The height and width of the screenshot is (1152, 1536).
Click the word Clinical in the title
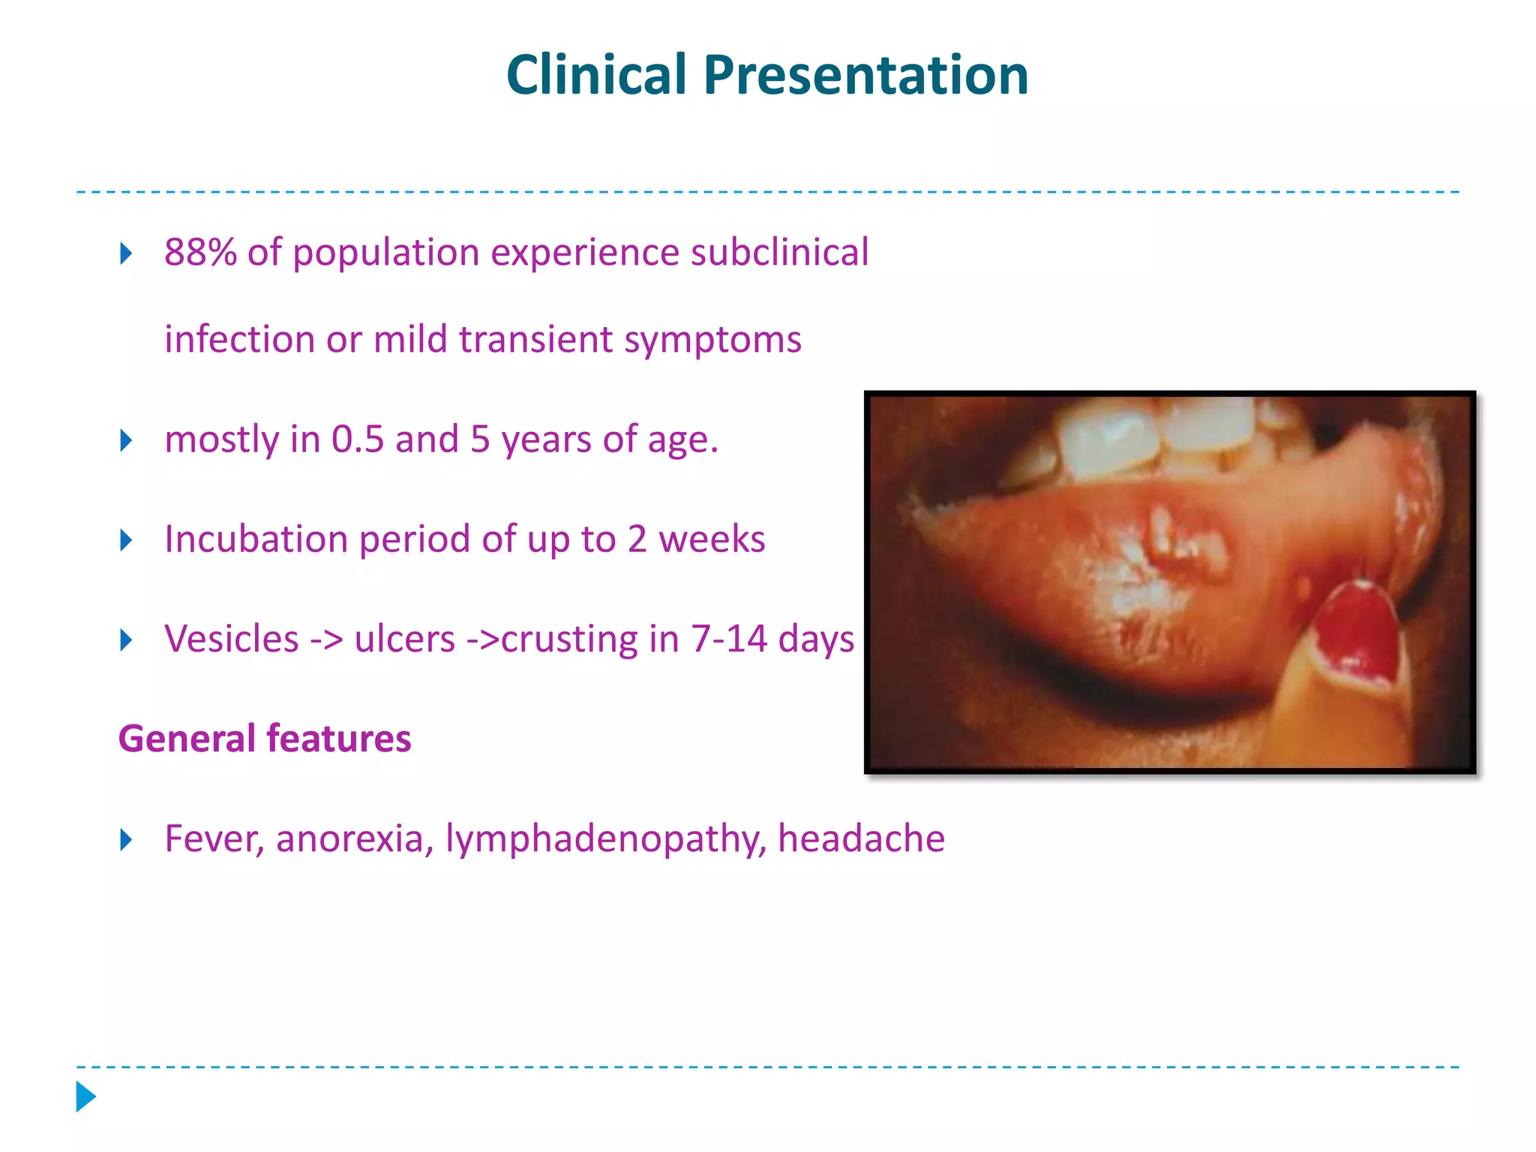tap(596, 75)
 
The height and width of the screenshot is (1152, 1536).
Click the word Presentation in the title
tap(865, 75)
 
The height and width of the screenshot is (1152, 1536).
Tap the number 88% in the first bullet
tap(200, 252)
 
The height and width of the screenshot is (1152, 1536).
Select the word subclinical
tap(779, 252)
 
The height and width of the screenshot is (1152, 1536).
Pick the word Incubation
tap(257, 539)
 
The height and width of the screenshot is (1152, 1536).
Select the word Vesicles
tap(232, 639)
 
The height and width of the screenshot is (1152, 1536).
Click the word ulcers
tap(404, 639)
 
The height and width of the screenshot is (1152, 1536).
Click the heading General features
tap(265, 739)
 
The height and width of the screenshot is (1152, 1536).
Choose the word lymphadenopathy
tap(606, 838)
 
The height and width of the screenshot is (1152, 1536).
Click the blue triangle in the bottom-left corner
tap(85, 1096)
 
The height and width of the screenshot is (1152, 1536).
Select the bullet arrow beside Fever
tap(126, 839)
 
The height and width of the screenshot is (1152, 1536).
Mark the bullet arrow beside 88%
tap(126, 253)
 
